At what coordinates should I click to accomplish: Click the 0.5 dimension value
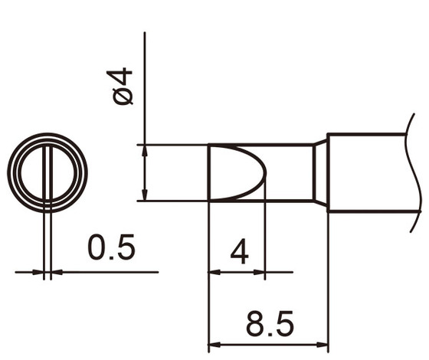coord(111,249)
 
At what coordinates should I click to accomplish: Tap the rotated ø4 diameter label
coord(123,86)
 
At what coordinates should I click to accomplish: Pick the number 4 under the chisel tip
coord(239,251)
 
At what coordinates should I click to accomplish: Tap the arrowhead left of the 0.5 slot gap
coord(39,271)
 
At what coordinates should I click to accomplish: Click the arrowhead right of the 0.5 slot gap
coord(57,271)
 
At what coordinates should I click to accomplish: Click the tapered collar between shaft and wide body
coord(320,172)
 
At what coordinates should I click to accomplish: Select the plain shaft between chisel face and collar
coord(290,172)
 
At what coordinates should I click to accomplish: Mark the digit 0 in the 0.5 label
coord(97,249)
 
